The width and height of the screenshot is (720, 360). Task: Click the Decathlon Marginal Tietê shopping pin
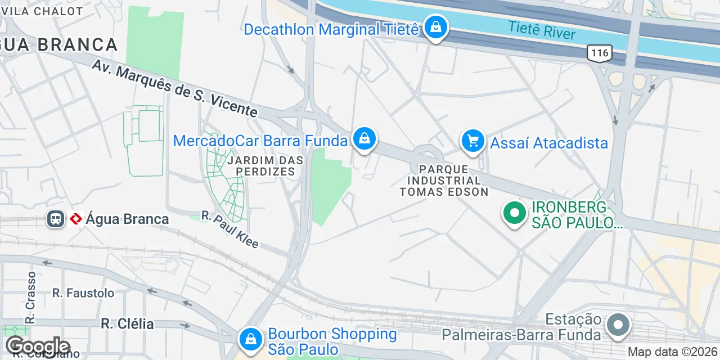coord(435,26)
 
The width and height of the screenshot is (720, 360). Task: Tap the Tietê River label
coord(542,30)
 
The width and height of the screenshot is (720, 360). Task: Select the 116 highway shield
coord(599,53)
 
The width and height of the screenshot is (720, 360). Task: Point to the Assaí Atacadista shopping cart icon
coord(473,141)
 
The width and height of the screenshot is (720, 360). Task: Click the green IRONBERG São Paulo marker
coord(514,213)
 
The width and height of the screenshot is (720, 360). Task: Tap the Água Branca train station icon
coord(56,219)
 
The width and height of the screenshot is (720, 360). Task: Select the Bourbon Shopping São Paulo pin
coord(250,339)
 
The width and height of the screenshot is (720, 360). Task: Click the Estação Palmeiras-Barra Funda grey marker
coord(618,325)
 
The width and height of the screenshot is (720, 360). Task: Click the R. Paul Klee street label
coord(230,229)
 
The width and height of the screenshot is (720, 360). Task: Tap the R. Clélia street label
coord(127,323)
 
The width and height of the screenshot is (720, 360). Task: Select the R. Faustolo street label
coord(83,292)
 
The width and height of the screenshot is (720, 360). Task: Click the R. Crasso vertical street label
coord(31,298)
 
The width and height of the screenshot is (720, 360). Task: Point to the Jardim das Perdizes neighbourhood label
coord(265,166)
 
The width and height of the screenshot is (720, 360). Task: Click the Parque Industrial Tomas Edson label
coord(444,181)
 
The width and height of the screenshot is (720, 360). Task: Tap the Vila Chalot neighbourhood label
coord(42,11)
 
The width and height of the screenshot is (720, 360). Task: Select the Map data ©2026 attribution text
coord(673,352)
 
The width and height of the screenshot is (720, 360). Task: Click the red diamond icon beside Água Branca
coord(76,219)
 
